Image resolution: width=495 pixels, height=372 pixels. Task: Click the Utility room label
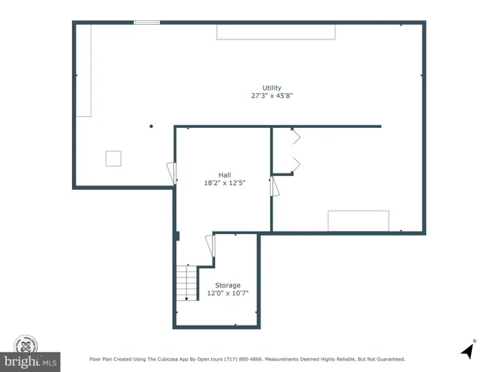tap(271, 88)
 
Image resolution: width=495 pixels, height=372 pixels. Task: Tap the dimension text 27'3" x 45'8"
tap(271, 96)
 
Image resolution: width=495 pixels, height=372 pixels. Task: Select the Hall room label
tap(224, 174)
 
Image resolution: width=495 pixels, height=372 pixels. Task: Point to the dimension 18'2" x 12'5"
tap(224, 183)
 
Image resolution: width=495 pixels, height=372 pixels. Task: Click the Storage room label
tap(227, 285)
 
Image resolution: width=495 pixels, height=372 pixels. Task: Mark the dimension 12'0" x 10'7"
tap(227, 294)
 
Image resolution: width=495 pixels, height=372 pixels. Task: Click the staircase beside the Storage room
tap(186, 283)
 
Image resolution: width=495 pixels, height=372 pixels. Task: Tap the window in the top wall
tap(147, 22)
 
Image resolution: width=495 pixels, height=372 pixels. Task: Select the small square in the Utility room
tap(114, 157)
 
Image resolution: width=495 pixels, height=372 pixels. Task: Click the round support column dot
tap(152, 126)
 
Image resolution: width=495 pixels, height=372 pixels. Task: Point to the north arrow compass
tap(467, 350)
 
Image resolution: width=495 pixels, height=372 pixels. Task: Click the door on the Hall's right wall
tap(273, 187)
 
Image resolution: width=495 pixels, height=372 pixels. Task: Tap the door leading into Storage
tap(210, 247)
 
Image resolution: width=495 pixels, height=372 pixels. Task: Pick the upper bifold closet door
tap(295, 138)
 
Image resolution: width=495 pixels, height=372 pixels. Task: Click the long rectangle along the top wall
tap(276, 31)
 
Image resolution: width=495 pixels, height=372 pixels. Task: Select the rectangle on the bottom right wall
tap(358, 221)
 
